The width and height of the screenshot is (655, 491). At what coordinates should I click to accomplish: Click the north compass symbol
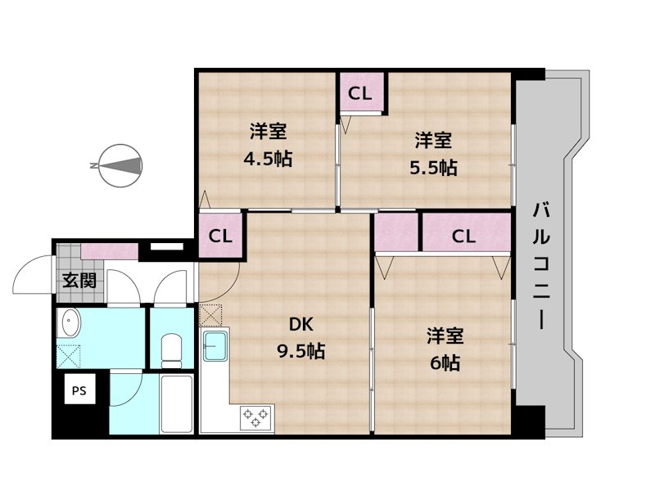119,165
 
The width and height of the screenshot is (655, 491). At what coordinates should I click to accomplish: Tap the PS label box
78,390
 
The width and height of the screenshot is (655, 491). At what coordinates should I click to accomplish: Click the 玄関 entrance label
79,281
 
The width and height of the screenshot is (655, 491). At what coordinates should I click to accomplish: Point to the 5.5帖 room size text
433,168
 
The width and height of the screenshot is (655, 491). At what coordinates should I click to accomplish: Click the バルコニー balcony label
541,266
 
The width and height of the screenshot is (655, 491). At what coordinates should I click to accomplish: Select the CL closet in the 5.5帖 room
360,93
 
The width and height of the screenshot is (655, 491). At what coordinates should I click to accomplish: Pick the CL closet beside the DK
219,236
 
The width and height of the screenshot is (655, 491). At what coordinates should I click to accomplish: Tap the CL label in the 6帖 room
463,236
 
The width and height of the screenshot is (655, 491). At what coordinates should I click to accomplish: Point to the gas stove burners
255,418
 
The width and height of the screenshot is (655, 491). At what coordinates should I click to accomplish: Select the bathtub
176,405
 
